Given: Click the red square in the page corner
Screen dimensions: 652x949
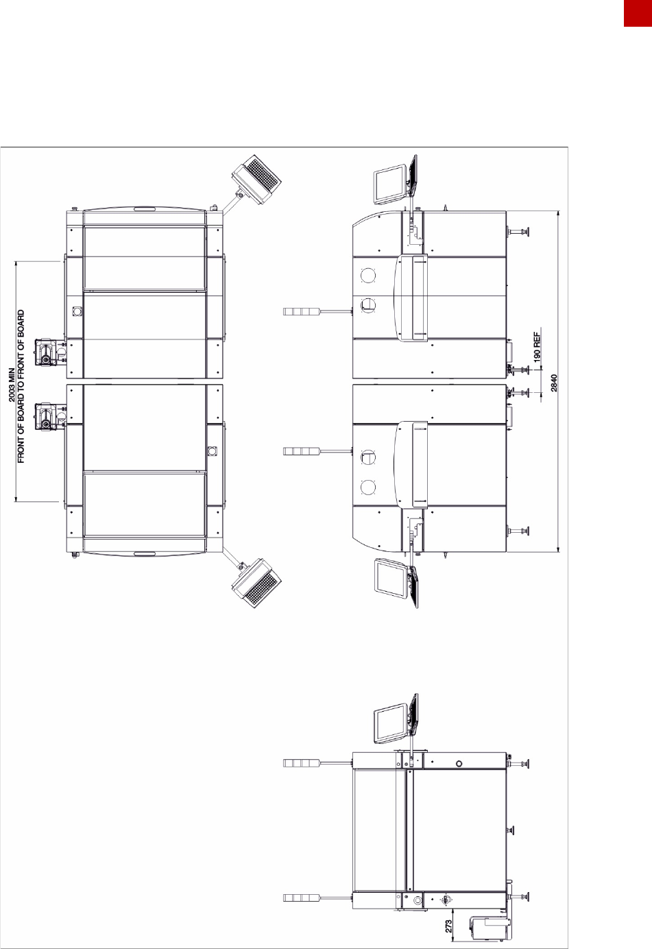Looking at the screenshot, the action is coord(638,13).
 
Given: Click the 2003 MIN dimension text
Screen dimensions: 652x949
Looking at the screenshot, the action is coord(12,385).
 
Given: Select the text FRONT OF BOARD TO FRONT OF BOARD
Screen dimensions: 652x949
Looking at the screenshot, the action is coord(21,386).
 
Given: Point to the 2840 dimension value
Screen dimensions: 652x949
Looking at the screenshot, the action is coord(554,383).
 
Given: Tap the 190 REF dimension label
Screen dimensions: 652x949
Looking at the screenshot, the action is coord(538,347).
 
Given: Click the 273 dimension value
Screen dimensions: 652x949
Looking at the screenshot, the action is coord(448,926).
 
